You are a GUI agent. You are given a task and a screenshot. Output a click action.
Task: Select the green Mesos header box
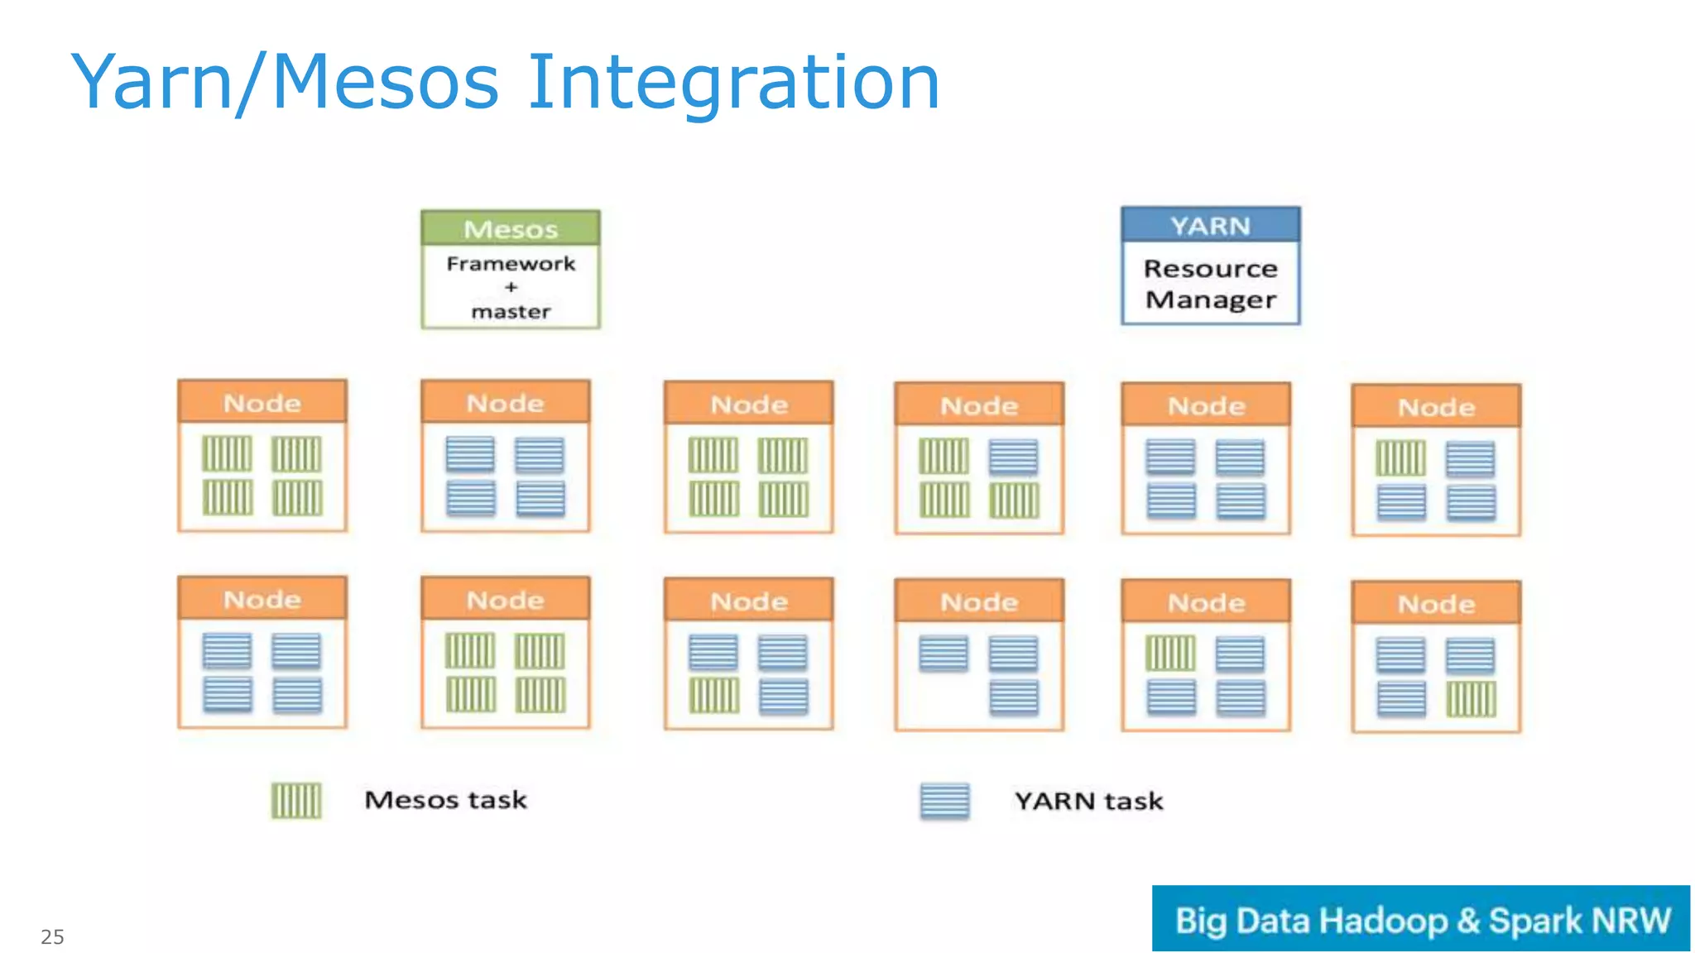(x=510, y=228)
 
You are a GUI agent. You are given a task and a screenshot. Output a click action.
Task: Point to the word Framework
(x=510, y=264)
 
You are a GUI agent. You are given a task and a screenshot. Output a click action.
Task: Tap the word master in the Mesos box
(x=510, y=312)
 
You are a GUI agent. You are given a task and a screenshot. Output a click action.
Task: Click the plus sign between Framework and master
(x=511, y=287)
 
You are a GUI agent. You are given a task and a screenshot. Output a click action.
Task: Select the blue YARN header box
(x=1210, y=225)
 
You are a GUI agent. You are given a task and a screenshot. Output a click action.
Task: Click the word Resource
(x=1210, y=269)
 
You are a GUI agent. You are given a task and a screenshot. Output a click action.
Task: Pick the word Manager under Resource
(x=1210, y=299)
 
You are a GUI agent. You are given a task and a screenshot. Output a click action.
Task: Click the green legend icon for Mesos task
(x=296, y=800)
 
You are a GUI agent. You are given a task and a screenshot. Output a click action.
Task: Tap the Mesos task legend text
(x=445, y=800)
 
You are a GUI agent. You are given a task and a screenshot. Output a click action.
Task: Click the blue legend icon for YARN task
(x=944, y=800)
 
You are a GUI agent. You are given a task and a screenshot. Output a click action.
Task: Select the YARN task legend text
(x=1088, y=801)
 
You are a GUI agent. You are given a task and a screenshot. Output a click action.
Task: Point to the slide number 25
(x=52, y=936)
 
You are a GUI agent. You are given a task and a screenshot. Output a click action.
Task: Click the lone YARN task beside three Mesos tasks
(x=1013, y=457)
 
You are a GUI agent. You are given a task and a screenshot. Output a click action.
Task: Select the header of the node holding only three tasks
(x=978, y=601)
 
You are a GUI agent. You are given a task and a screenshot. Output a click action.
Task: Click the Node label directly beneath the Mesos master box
(x=505, y=403)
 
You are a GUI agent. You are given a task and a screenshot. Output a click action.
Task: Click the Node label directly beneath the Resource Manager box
(x=1206, y=405)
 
